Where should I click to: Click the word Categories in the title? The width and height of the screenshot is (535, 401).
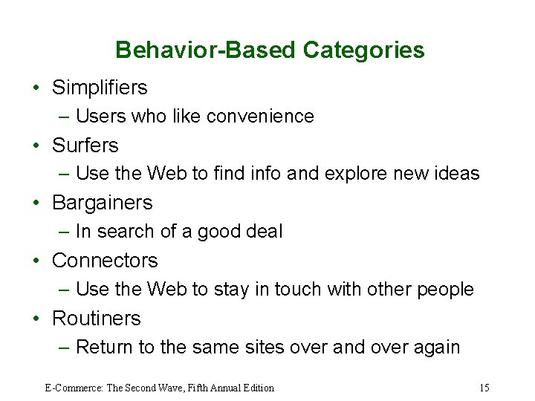[364, 50]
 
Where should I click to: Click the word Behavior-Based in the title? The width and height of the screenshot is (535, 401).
[207, 50]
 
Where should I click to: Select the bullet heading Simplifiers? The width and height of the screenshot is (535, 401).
[100, 88]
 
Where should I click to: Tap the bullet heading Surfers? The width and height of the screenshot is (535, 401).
[85, 146]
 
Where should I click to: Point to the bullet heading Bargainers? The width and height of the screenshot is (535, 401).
[102, 203]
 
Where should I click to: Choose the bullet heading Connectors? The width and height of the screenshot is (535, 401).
[105, 261]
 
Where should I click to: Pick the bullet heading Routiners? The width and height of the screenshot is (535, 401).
[96, 319]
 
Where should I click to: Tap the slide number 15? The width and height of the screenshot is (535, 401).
[484, 388]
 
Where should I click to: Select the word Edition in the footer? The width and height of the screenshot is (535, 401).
[257, 388]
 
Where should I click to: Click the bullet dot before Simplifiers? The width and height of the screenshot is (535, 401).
[36, 88]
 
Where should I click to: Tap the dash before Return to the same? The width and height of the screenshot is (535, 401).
[65, 348]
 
